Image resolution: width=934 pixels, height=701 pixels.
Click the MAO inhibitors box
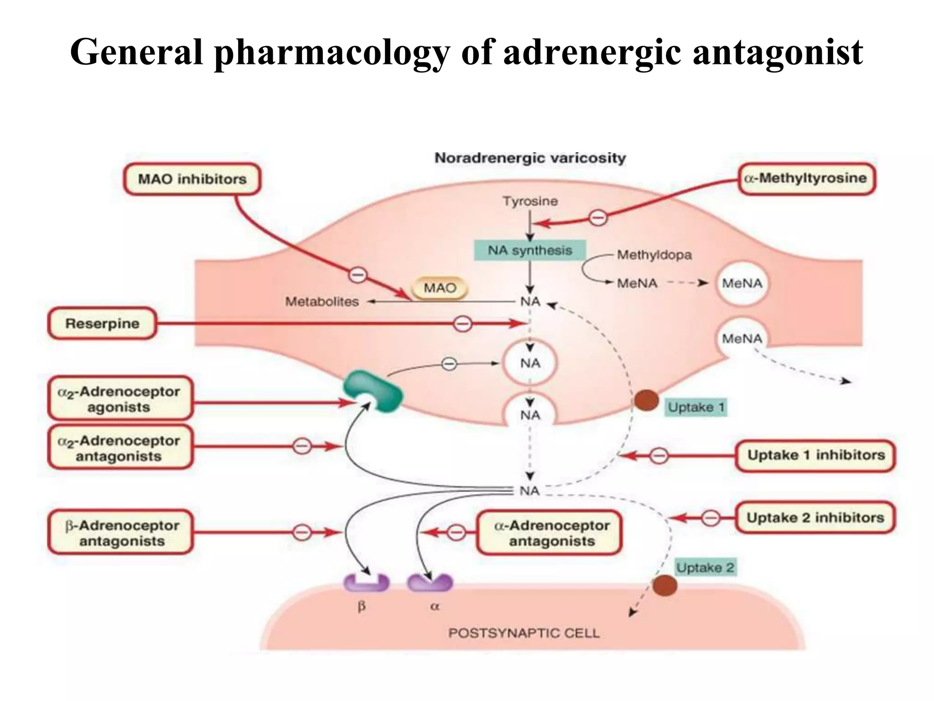(x=192, y=179)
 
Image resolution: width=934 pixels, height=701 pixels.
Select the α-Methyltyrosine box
(x=806, y=178)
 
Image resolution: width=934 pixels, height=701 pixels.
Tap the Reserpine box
(x=102, y=323)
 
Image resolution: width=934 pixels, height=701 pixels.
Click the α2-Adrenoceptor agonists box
(x=119, y=398)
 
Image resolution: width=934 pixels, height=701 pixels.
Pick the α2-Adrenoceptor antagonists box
(x=119, y=448)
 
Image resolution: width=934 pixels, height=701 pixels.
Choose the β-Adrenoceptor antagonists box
(x=121, y=533)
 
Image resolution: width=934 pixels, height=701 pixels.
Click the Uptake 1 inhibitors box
(x=815, y=455)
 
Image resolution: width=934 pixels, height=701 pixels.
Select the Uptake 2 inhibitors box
(x=815, y=518)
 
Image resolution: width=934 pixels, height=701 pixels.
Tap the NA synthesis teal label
(x=529, y=250)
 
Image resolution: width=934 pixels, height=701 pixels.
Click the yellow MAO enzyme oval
(x=440, y=288)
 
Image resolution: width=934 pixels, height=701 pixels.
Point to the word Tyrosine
(x=530, y=201)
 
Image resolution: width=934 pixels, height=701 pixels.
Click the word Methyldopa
(x=654, y=255)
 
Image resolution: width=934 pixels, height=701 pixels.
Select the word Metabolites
(x=322, y=302)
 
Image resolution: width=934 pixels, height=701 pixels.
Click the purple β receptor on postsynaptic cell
(x=366, y=583)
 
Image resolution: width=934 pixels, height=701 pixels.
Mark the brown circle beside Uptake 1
(x=646, y=400)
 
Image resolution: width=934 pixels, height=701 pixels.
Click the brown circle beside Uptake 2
(x=664, y=585)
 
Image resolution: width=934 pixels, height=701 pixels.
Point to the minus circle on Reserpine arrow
(x=462, y=324)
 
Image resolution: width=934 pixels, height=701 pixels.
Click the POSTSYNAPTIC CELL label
(x=524, y=633)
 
